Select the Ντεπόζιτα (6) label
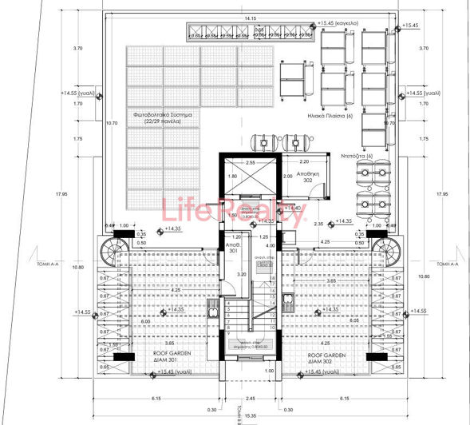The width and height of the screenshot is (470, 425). [356, 155]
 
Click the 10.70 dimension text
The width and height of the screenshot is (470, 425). [113, 123]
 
